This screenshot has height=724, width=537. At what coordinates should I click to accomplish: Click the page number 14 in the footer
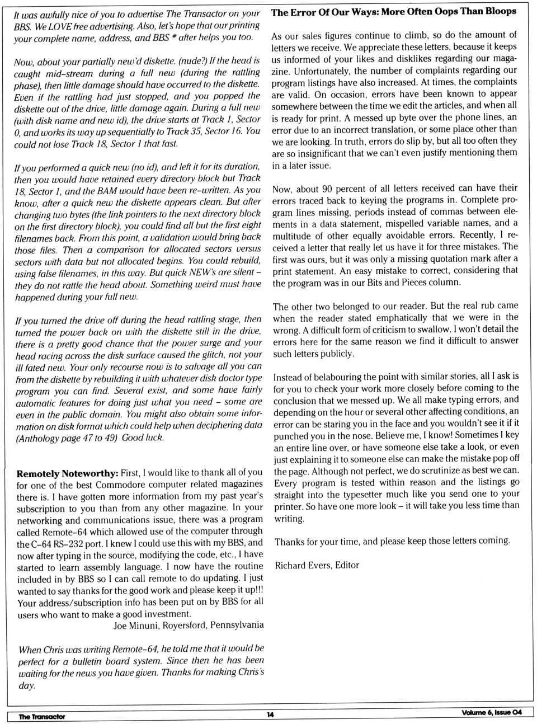coord(270,714)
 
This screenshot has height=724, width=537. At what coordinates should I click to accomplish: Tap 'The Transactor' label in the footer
coord(42,716)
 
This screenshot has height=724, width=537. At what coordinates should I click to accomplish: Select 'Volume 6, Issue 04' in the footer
coord(491,712)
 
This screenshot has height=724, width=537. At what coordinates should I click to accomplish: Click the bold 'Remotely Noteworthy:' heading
coord(67,473)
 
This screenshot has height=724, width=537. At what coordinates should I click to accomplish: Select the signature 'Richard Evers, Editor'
coord(317,565)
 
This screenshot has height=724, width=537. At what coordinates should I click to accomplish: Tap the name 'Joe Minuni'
coord(136,626)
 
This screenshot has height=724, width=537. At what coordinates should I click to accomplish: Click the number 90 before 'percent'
coord(327,189)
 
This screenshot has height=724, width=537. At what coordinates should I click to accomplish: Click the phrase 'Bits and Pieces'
coord(398,283)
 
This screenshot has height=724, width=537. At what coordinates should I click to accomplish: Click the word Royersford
coord(180,626)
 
